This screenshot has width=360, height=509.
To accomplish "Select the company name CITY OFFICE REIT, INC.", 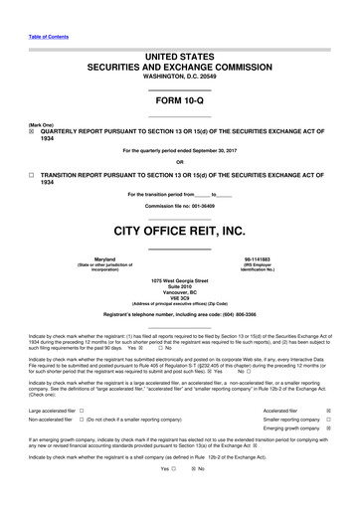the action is pos(179,231).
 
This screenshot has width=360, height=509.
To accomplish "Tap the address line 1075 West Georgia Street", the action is pos(179,283).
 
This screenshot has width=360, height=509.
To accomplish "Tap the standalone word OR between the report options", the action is pos(179,162).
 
